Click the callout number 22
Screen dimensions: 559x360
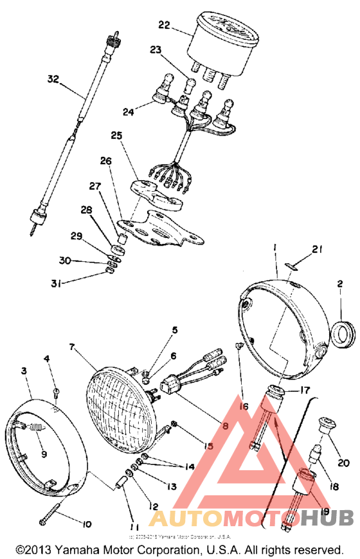coord(164,25)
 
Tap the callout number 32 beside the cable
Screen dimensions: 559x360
coord(53,80)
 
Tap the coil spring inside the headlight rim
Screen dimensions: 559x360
coord(38,426)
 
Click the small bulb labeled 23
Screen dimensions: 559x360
coord(190,84)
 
